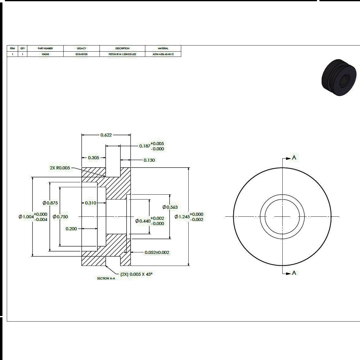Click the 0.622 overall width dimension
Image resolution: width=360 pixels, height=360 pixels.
click(x=106, y=135)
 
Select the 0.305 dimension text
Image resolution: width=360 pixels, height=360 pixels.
click(x=93, y=158)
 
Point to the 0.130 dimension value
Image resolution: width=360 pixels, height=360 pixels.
click(x=149, y=160)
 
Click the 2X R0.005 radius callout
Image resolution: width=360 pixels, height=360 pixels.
click(x=60, y=168)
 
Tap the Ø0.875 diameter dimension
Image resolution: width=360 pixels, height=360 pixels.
click(x=50, y=203)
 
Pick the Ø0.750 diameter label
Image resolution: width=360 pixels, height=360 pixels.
click(x=61, y=217)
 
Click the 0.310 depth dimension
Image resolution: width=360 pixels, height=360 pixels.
click(x=90, y=203)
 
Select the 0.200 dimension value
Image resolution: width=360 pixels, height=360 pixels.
click(x=71, y=229)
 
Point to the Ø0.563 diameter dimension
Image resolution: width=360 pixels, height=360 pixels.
click(x=170, y=207)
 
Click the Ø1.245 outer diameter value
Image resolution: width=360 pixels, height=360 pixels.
click(x=182, y=217)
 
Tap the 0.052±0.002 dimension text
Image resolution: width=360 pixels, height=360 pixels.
click(x=157, y=252)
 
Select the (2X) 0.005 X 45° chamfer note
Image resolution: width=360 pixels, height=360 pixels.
click(x=136, y=274)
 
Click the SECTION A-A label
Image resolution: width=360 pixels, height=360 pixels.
click(x=106, y=279)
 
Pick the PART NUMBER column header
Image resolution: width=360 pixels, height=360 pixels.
click(x=45, y=48)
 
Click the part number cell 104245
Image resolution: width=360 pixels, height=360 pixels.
click(x=45, y=54)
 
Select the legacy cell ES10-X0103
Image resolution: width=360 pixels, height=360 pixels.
click(x=81, y=54)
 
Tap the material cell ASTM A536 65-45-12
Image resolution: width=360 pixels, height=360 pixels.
click(x=163, y=54)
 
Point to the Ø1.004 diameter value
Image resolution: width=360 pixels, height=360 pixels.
click(x=26, y=217)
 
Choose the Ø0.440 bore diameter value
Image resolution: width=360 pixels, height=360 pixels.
click(x=143, y=221)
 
